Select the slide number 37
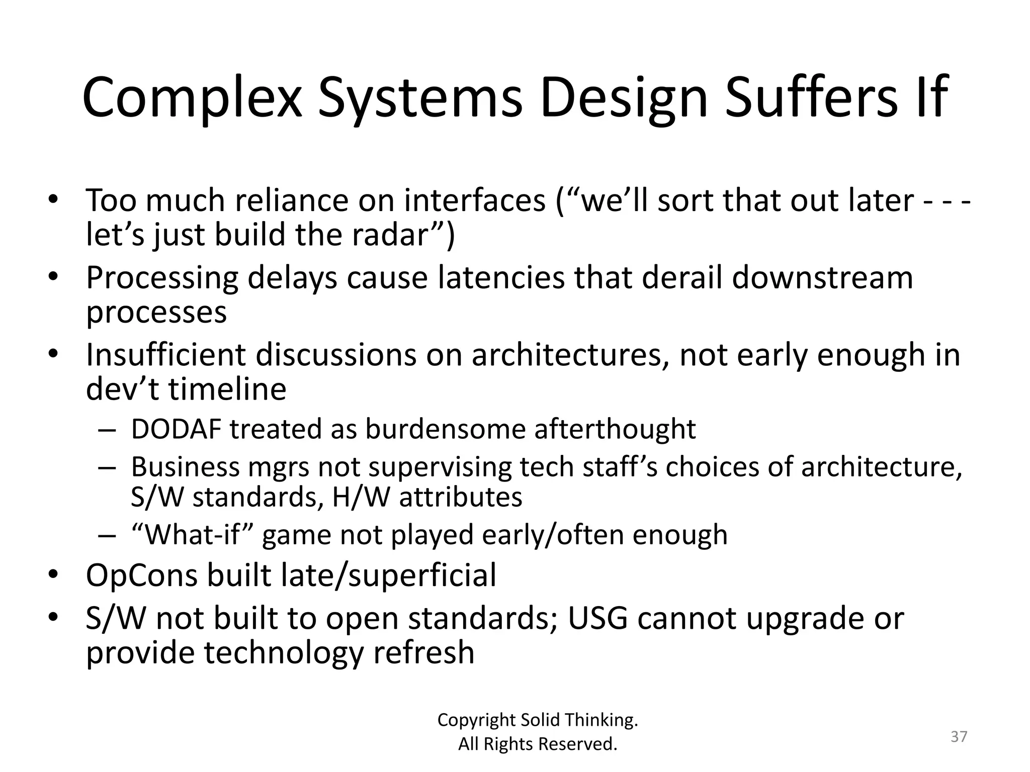pyautogui.click(x=959, y=736)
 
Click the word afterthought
pyautogui.click(x=615, y=429)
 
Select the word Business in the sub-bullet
pyautogui.click(x=185, y=466)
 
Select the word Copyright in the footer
pyautogui.click(x=477, y=720)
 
